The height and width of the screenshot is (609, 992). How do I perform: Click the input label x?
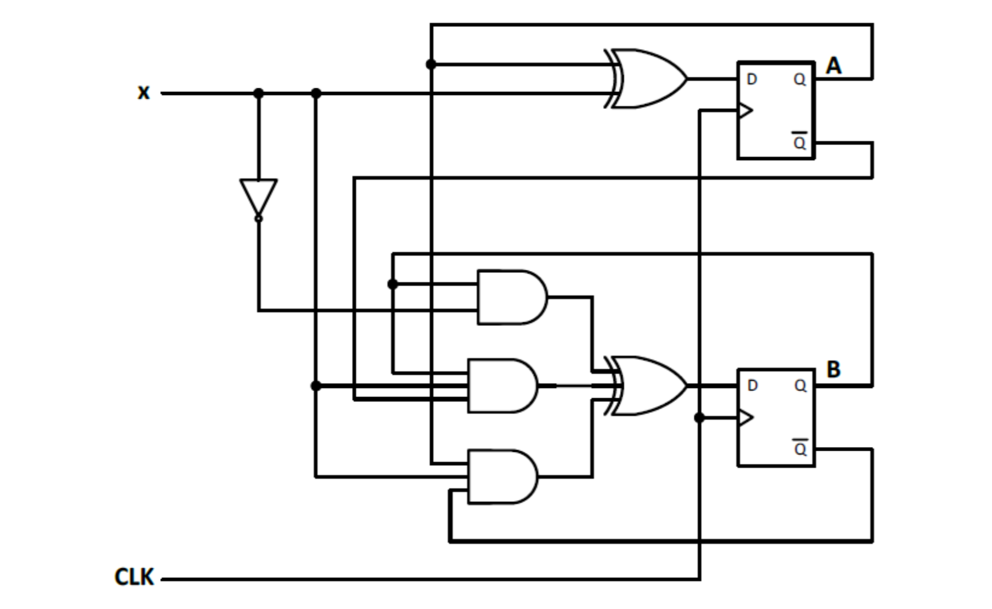143,93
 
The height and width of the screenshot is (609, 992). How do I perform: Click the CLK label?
134,577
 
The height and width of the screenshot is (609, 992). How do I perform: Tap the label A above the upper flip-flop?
833,66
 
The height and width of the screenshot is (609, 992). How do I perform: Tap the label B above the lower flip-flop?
833,369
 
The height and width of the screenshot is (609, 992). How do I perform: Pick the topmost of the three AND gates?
510,297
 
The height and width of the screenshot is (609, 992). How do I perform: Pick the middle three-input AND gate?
502,385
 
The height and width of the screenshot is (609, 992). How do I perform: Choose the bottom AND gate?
502,476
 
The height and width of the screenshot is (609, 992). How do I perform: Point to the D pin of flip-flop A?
751,79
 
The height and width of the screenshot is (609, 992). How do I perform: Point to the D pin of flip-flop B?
753,385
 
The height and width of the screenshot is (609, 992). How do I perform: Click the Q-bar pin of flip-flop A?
800,143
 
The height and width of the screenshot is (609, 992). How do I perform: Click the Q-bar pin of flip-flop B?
800,449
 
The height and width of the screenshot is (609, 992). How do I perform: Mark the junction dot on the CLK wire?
699,418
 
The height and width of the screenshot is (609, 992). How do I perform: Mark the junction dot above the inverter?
259,93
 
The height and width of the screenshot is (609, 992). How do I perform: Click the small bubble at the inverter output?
259,218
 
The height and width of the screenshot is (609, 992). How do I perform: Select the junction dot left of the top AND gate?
393,284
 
